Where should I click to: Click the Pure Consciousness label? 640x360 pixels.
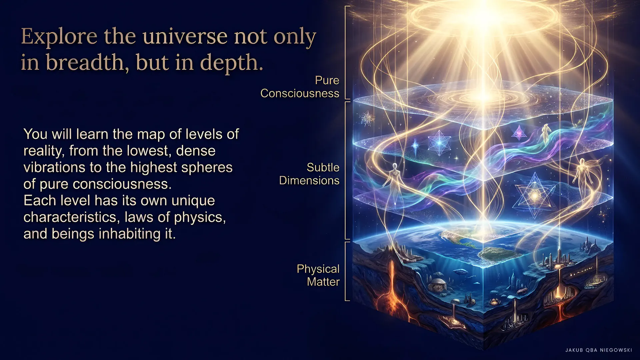(x=300, y=87)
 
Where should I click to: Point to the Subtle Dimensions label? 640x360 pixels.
(x=309, y=174)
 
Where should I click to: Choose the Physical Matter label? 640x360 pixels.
(x=318, y=275)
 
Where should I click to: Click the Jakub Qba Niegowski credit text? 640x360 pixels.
(x=599, y=350)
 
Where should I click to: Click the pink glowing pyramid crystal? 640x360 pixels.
(x=519, y=133)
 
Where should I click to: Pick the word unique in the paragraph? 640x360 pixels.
(x=193, y=201)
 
